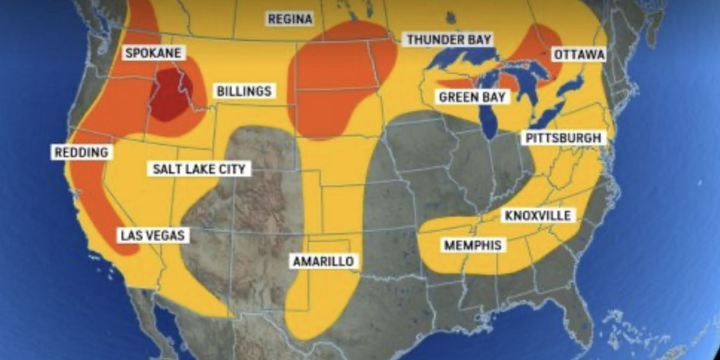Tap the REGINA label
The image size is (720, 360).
click(x=290, y=19)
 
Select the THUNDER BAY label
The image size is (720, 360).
click(x=449, y=40)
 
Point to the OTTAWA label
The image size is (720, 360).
click(x=578, y=55)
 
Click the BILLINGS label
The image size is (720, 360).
click(x=244, y=92)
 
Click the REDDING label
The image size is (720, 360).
click(x=81, y=152)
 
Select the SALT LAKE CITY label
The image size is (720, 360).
click(x=199, y=169)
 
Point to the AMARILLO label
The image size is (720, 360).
click(x=323, y=261)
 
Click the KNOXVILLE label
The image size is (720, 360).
click(x=538, y=215)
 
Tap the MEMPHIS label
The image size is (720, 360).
click(x=473, y=245)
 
